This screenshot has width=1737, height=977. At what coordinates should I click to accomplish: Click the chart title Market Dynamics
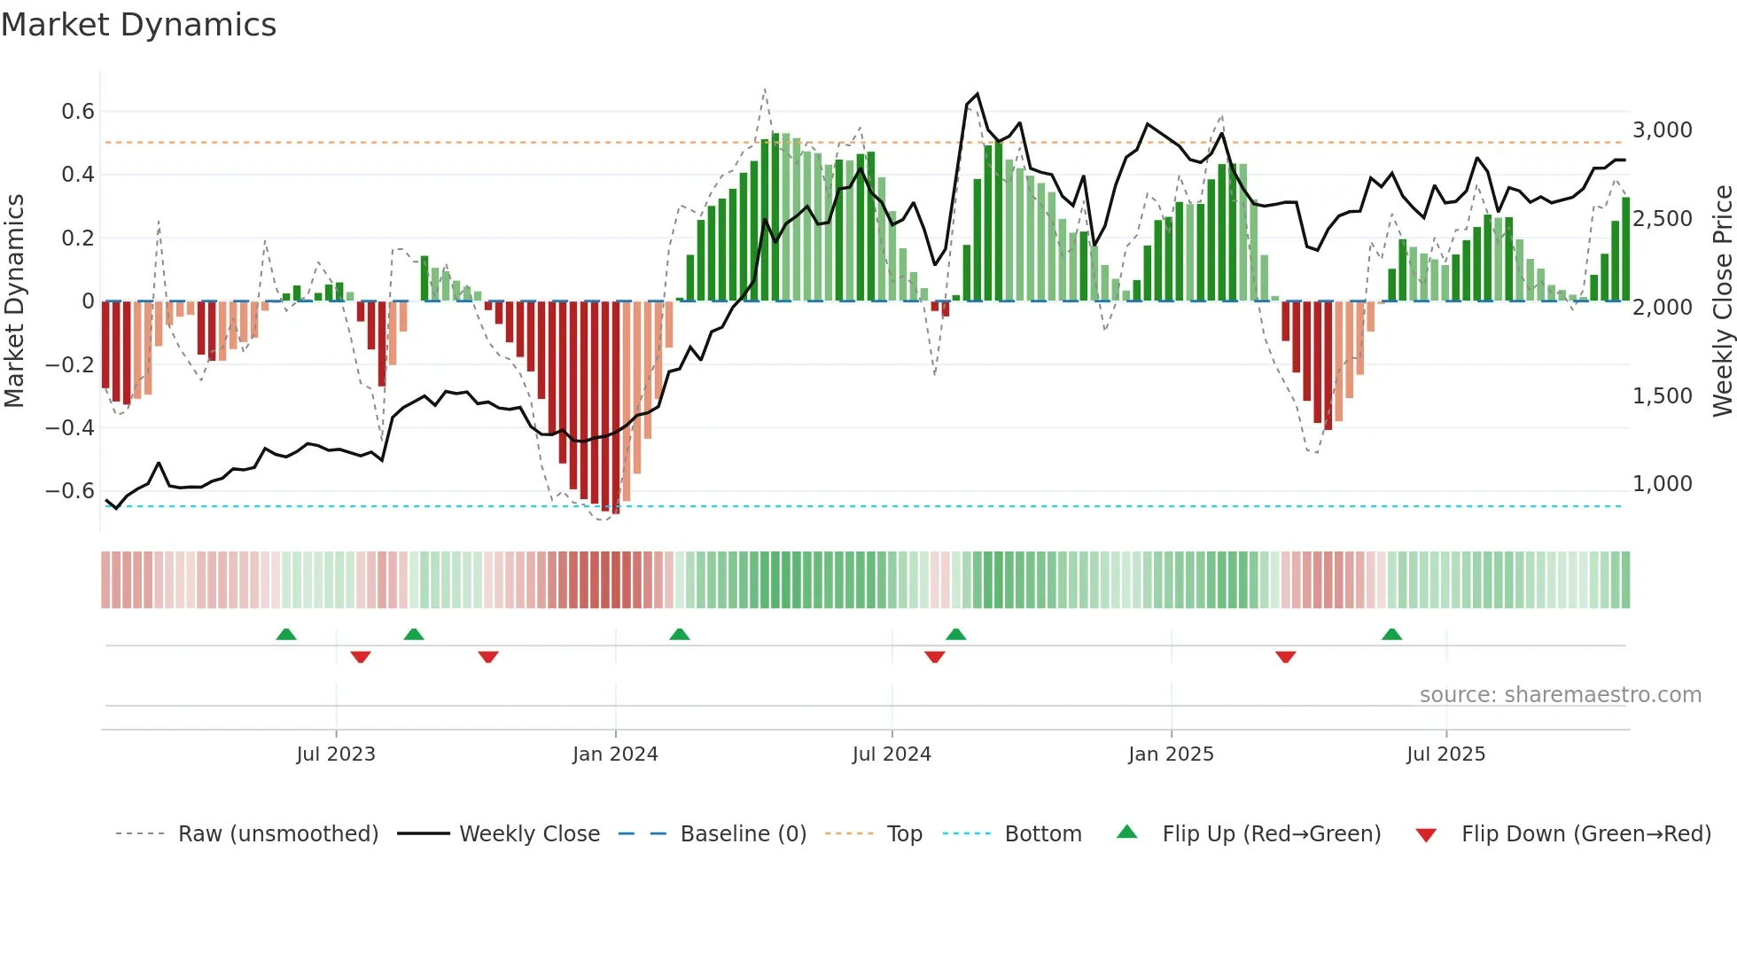click(x=138, y=25)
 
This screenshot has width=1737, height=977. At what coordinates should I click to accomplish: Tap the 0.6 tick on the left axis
click(x=77, y=112)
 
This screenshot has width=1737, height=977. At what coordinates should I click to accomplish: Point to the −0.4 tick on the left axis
click(x=69, y=428)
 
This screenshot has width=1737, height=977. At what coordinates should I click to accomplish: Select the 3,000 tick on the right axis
click(x=1663, y=130)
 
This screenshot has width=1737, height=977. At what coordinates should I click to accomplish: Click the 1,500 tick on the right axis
click(x=1663, y=396)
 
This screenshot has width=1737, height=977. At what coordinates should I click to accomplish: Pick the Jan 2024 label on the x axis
click(x=615, y=754)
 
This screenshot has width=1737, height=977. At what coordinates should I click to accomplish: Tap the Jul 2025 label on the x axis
click(x=1445, y=754)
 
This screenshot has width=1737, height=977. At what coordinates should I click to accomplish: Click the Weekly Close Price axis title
click(x=1722, y=301)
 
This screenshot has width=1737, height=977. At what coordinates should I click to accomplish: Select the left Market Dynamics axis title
click(x=14, y=301)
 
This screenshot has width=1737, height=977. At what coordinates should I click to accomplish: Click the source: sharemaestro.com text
click(x=1560, y=695)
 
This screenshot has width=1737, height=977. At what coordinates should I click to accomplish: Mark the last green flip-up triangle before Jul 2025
click(x=1391, y=635)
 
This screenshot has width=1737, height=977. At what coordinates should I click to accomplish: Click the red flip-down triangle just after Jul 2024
click(x=934, y=657)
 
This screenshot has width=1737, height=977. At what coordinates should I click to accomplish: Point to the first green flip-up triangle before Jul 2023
click(x=285, y=635)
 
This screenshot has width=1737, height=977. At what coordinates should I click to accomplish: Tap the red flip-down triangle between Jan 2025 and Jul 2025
click(x=1285, y=657)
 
